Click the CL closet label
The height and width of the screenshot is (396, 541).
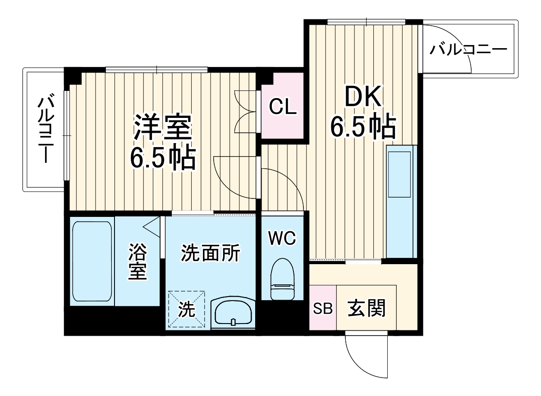click(283, 107)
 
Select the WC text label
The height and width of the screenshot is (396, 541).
click(282, 238)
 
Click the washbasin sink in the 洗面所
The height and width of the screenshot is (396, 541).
click(233, 312)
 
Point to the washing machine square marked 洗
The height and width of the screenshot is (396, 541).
click(187, 310)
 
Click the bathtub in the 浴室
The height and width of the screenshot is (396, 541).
click(92, 261)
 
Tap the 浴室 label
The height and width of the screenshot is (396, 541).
click(138, 262)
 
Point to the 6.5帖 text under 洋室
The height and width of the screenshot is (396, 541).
click(163, 157)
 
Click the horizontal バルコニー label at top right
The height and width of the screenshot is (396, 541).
click(468, 49)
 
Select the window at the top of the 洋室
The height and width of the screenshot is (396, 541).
click(156, 70)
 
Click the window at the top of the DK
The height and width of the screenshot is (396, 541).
click(366, 22)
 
